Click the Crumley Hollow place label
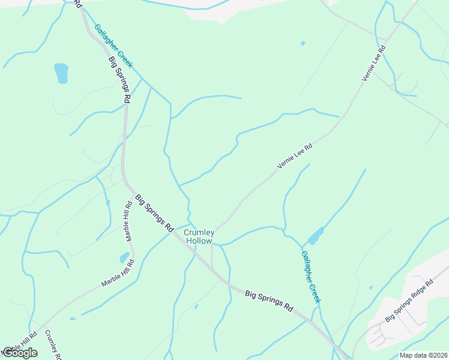(198, 236)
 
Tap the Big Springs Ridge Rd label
(408, 300)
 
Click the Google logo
(20, 353)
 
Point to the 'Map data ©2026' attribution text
(423, 355)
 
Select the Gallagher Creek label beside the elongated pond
(311, 276)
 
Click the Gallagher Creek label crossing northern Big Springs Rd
(113, 46)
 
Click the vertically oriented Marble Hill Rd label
(129, 221)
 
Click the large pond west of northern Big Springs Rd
(61, 73)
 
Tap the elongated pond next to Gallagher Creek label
(316, 235)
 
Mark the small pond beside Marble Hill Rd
(124, 258)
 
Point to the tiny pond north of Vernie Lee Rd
(303, 43)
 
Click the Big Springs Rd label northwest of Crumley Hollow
(154, 213)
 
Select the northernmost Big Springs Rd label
(119, 80)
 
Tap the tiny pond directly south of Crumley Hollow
(196, 307)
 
